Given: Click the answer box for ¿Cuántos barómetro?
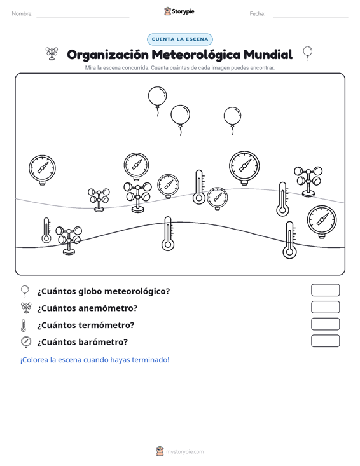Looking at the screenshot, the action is pyautogui.click(x=325, y=341).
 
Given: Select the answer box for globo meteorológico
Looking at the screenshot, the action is pyautogui.click(x=325, y=290).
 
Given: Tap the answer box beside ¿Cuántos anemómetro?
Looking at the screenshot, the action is pyautogui.click(x=325, y=307).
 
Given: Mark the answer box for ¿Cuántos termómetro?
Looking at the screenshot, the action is pyautogui.click(x=325, y=324).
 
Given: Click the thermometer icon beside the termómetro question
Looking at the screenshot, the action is pyautogui.click(x=24, y=325).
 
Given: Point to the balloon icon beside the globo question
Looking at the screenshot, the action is pyautogui.click(x=25, y=291).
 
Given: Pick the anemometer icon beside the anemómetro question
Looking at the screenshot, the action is pyautogui.click(x=26, y=308).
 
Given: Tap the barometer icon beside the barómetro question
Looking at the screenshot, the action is pyautogui.click(x=26, y=342).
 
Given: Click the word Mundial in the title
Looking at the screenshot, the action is pyautogui.click(x=268, y=55).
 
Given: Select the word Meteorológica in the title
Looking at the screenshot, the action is pyautogui.click(x=196, y=55).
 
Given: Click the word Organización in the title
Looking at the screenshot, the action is pyautogui.click(x=107, y=55).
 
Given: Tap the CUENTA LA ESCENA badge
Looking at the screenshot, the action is pyautogui.click(x=180, y=39).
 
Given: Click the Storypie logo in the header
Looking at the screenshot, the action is pyautogui.click(x=179, y=11).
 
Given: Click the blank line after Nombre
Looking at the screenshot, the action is pyautogui.click(x=83, y=17).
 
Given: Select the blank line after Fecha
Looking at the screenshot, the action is pyautogui.click(x=310, y=17).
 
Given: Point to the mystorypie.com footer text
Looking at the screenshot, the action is pyautogui.click(x=184, y=452).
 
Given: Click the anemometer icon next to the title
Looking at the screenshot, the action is pyautogui.click(x=52, y=54).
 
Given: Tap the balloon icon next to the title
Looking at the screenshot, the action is pyautogui.click(x=308, y=53).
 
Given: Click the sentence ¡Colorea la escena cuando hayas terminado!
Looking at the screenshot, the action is pyautogui.click(x=95, y=360).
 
